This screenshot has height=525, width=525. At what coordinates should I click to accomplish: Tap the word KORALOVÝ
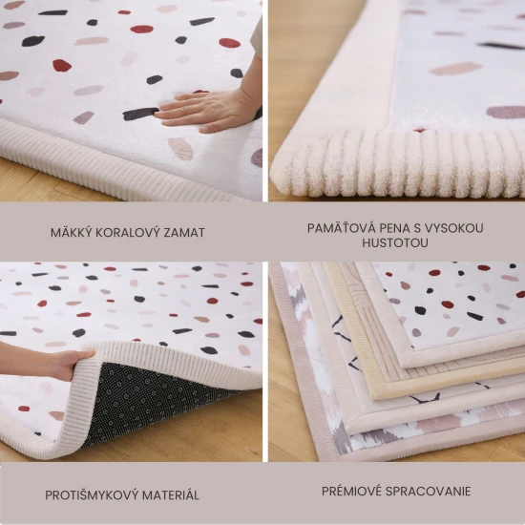(x=131, y=232)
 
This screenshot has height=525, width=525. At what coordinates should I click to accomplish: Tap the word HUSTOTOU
(x=395, y=243)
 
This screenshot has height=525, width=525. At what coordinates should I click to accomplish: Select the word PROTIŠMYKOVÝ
(x=92, y=495)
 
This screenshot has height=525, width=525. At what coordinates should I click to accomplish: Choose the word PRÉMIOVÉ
(x=352, y=492)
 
